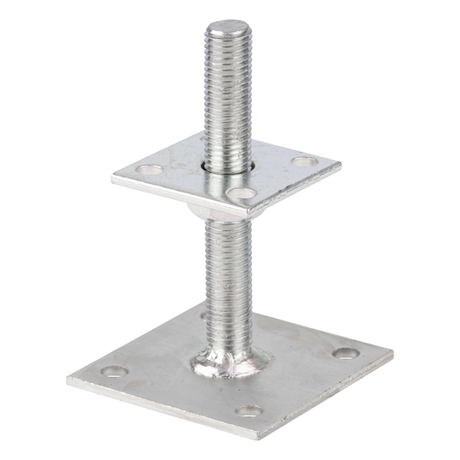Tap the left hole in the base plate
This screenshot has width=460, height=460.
pos(114,371)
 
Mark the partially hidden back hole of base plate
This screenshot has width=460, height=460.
pos(203,315)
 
